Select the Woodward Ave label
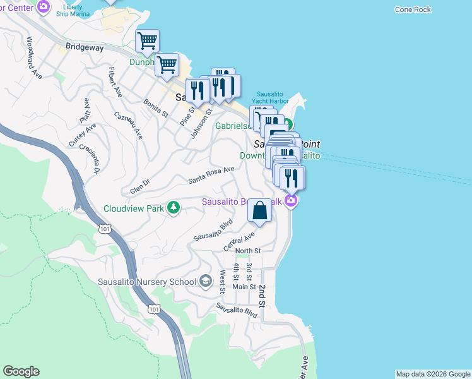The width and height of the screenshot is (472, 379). [33, 57]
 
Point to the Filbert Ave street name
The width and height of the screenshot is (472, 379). [114, 82]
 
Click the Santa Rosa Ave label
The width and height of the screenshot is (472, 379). [211, 175]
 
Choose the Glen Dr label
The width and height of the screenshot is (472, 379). [139, 186]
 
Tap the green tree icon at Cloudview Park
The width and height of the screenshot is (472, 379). [173, 208]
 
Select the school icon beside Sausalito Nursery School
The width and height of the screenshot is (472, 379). [205, 281]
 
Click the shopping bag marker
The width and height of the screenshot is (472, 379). [260, 211]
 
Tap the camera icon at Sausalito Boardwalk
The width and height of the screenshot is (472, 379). [291, 202]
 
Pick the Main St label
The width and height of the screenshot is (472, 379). [244, 286]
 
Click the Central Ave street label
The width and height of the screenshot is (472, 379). [240, 241]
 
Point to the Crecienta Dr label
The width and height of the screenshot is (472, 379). [90, 159]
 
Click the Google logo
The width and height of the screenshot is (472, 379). [21, 371]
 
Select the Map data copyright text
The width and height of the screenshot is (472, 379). [432, 374]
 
